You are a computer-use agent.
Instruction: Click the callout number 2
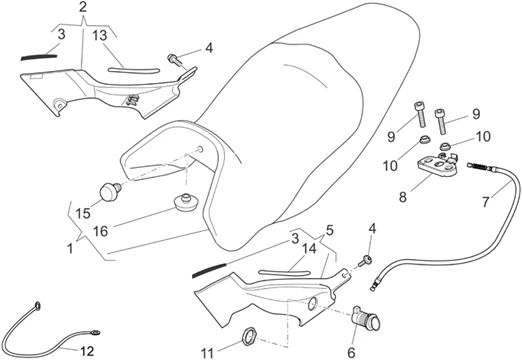pos(82,8)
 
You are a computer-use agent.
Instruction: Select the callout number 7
pos(488,202)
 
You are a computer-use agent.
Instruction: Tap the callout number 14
pos(309,249)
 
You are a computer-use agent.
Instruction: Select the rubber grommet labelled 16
pos(183,205)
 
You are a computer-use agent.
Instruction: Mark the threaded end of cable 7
pos(471,170)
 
